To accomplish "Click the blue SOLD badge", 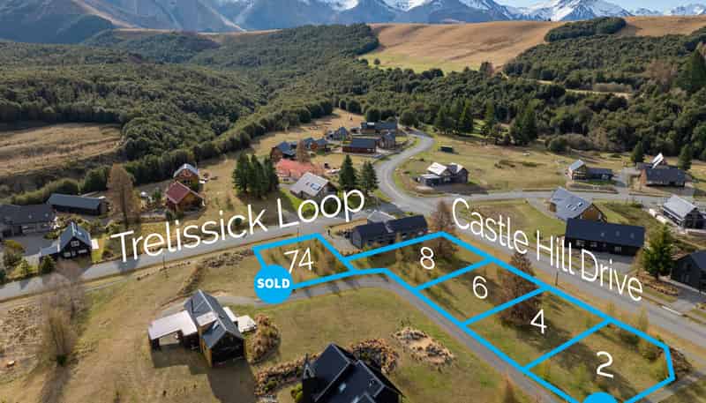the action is [274, 284].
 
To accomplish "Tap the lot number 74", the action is [299, 260].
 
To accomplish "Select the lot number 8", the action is [427, 258].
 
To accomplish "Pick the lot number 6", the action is [480, 287].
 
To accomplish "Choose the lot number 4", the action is [538, 321].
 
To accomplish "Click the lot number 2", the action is [605, 364].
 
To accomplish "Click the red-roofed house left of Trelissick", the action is [182, 196].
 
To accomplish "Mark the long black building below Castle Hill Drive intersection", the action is [605, 236].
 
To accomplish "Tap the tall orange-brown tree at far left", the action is [121, 192].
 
